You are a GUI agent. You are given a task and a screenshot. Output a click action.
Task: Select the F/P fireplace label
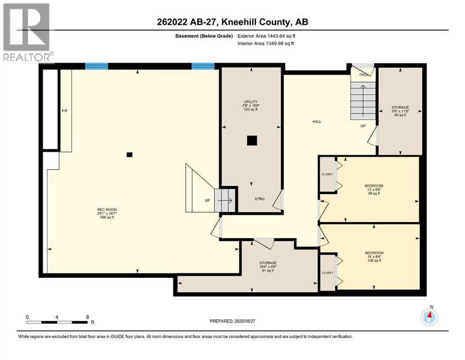pos(65,111)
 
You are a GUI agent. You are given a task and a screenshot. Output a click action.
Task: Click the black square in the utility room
pos(252,140)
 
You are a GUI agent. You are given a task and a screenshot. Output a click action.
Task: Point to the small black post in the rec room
pos(130,155)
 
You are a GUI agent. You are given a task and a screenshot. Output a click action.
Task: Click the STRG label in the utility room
pos(259,199)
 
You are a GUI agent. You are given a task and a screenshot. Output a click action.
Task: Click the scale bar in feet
pos(57,322)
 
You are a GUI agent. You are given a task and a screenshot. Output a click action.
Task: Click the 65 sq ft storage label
pos(400,111)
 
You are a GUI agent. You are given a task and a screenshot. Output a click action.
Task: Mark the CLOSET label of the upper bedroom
pos(327,174)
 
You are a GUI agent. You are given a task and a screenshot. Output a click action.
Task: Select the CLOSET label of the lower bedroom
pos(327,272)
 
